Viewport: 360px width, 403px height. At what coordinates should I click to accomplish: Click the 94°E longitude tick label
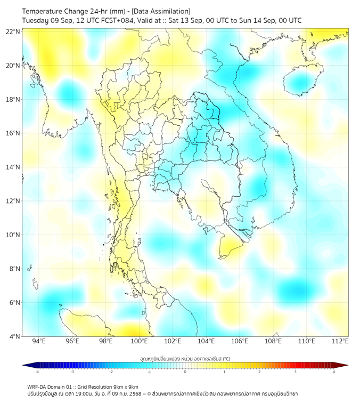(39, 341)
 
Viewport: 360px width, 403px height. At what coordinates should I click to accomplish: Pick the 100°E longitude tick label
(140, 341)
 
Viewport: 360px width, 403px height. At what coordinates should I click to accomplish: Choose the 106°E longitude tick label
(240, 341)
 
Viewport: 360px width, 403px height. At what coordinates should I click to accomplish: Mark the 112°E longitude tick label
(340, 341)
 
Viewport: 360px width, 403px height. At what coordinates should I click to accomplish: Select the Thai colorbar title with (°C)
(185, 358)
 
